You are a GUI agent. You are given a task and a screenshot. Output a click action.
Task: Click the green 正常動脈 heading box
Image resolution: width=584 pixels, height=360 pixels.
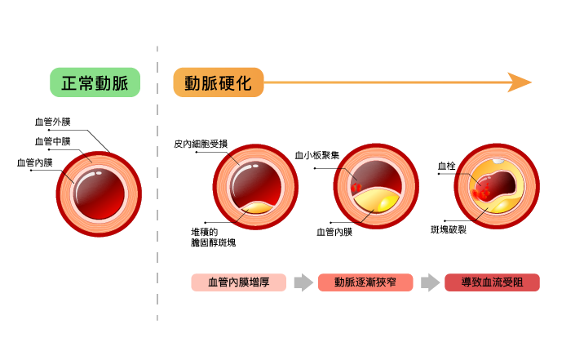pyautogui.click(x=95, y=82)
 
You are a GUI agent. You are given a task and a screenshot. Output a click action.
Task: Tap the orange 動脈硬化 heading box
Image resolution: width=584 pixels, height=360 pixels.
pyautogui.click(x=218, y=82)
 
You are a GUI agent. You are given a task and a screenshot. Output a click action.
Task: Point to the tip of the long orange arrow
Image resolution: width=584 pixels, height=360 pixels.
pyautogui.click(x=530, y=82)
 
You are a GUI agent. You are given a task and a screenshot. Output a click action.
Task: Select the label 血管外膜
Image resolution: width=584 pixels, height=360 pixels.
pyautogui.click(x=52, y=122)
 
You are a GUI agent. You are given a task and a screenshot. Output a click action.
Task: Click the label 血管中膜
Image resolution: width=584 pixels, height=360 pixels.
pyautogui.click(x=52, y=142)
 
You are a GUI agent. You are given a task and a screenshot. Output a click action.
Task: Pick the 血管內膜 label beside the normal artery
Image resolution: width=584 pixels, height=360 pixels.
pyautogui.click(x=35, y=162)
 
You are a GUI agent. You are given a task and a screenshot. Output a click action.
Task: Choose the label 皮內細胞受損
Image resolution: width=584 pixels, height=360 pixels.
pyautogui.click(x=201, y=144)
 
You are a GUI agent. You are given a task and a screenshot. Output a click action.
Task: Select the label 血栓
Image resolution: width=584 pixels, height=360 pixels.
pyautogui.click(x=446, y=166)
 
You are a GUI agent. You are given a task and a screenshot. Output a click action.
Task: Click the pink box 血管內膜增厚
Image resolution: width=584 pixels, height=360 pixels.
pyautogui.click(x=239, y=282)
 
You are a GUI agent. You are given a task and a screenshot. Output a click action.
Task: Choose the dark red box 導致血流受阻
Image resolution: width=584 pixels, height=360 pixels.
pyautogui.click(x=492, y=282)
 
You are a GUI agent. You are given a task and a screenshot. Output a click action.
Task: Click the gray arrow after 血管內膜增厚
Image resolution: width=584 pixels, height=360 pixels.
pyautogui.click(x=303, y=282)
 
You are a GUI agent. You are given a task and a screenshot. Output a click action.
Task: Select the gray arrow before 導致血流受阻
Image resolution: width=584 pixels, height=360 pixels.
pyautogui.click(x=430, y=282)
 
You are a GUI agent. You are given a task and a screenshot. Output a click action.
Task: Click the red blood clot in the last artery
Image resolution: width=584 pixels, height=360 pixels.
pyautogui.click(x=481, y=193)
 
